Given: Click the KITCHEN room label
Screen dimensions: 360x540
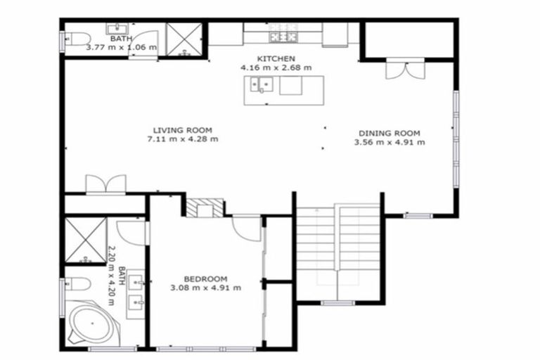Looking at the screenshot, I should [276, 58].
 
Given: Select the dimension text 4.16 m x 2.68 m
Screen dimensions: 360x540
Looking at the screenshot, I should [276, 67].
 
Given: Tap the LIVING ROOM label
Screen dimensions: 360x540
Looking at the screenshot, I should [182, 130].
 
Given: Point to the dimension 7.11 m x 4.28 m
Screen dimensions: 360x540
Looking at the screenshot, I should [182, 139].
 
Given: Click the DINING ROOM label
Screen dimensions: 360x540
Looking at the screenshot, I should [389, 133].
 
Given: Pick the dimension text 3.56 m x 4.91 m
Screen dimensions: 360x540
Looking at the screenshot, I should [389, 142].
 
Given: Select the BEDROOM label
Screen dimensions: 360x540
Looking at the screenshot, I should [205, 278].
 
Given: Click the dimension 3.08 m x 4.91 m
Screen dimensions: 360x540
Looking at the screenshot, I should [205, 287].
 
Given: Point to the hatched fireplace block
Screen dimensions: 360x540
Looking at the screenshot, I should [205, 207].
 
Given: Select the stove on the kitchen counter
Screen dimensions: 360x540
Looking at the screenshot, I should [283, 36].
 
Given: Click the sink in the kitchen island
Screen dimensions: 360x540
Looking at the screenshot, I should [262, 86].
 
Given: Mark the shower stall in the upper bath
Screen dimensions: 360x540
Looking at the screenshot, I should [184, 39].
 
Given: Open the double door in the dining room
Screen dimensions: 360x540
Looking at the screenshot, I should [405, 70].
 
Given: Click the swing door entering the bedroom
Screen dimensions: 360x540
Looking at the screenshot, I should [246, 226].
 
